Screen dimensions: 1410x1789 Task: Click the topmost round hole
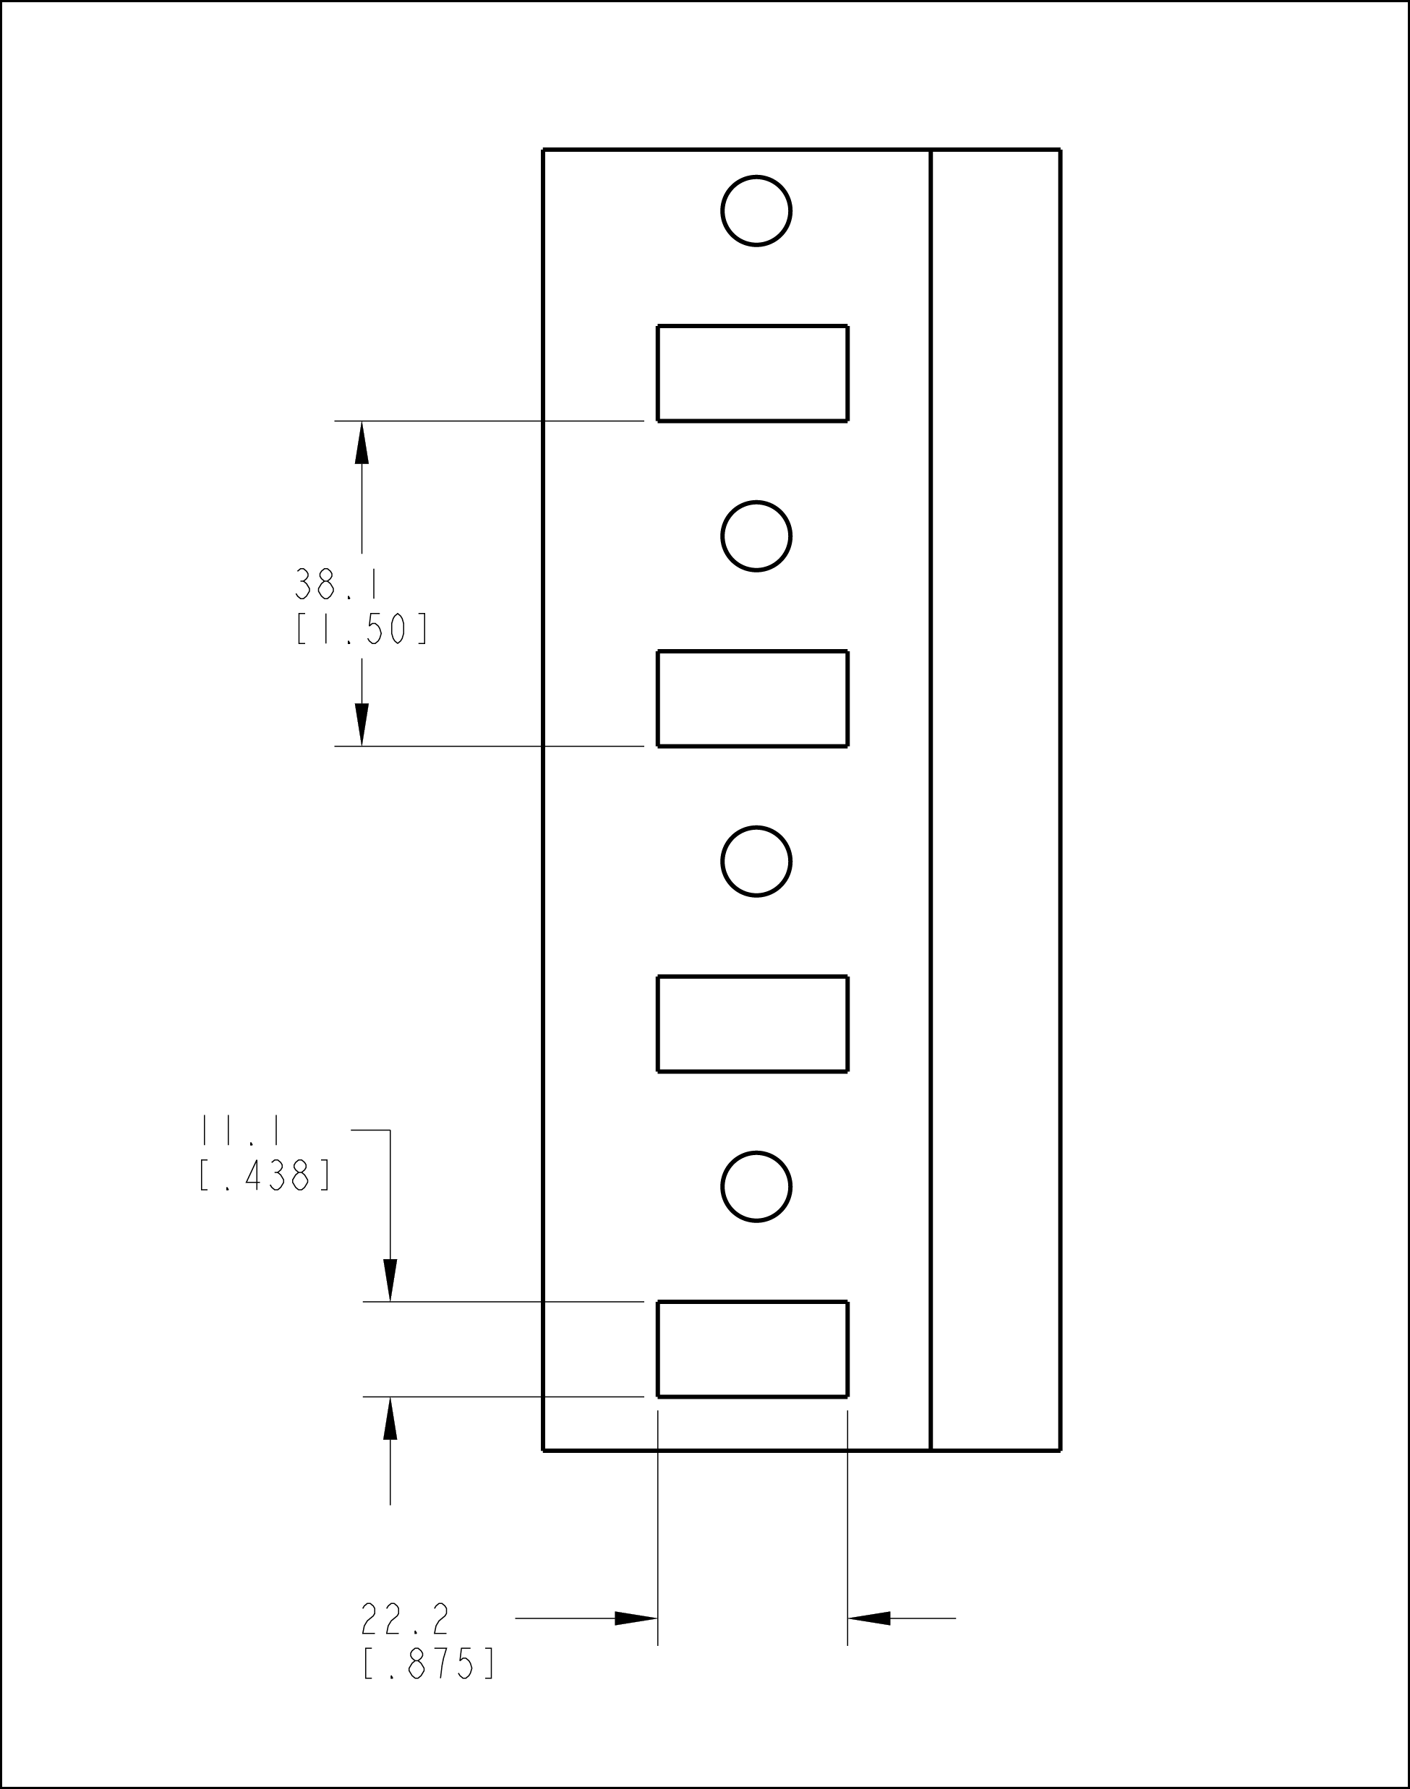click(756, 210)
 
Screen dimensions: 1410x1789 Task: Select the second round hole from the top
click(756, 536)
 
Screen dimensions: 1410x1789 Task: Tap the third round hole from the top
click(756, 861)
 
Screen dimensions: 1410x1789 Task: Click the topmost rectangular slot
click(752, 373)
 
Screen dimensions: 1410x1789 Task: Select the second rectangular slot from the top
click(752, 698)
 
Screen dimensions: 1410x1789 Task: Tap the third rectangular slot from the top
click(752, 1024)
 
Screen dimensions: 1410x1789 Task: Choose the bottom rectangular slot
click(752, 1348)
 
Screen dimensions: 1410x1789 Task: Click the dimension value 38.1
click(337, 584)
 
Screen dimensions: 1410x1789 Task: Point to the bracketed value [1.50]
click(362, 630)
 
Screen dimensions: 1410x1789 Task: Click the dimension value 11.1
click(240, 1130)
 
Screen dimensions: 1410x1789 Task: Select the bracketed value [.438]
click(265, 1175)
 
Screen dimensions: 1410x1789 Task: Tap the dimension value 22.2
click(404, 1619)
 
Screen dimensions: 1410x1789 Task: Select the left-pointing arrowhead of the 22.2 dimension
click(869, 1618)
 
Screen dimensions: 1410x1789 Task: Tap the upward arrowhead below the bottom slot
click(390, 1417)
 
